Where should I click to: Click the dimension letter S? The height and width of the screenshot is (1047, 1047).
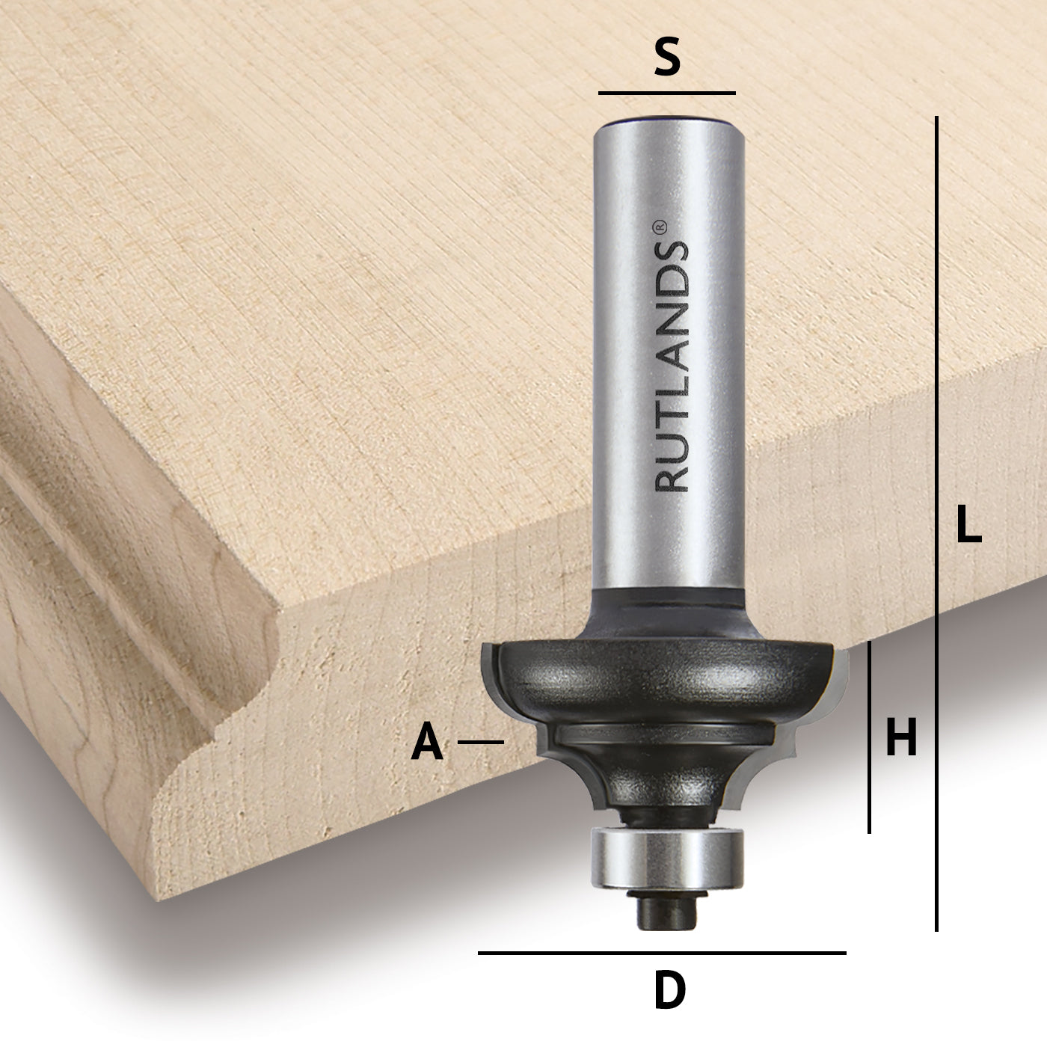tap(667, 60)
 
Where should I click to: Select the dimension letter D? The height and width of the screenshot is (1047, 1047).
tap(669, 991)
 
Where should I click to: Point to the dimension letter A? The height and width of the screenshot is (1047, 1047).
tap(427, 743)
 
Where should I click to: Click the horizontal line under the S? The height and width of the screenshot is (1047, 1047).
tap(666, 93)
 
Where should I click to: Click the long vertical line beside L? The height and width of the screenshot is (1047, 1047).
tap(936, 523)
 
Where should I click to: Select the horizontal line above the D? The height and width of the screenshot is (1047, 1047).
tap(662, 953)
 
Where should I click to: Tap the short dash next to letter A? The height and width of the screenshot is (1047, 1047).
tap(480, 742)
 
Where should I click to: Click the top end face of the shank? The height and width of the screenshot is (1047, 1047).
tap(667, 121)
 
